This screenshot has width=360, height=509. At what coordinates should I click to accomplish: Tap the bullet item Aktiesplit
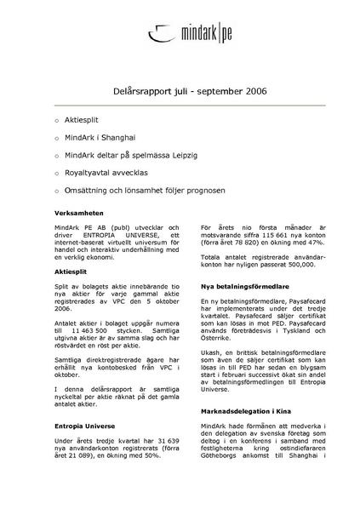88,121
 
